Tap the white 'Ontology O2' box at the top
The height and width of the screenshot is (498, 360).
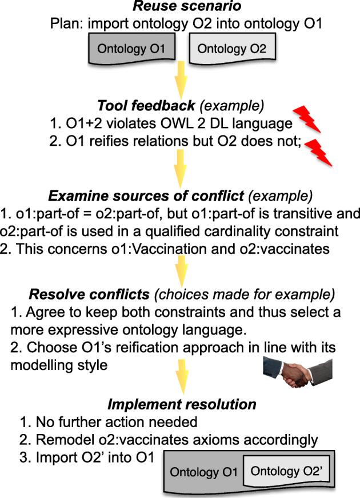point(232,49)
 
